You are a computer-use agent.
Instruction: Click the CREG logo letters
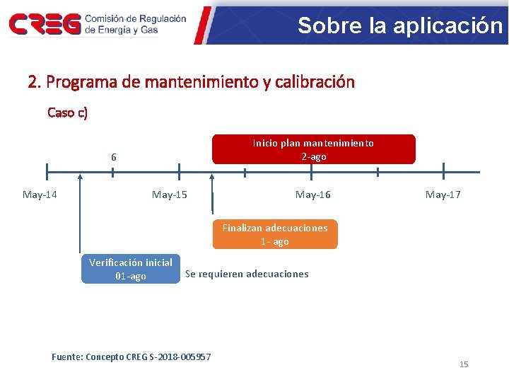click(44, 25)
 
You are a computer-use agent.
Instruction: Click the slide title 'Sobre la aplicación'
click(399, 25)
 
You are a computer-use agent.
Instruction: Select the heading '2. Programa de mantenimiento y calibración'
click(191, 82)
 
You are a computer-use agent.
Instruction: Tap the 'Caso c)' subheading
click(67, 112)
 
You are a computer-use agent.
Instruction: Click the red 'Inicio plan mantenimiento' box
click(313, 149)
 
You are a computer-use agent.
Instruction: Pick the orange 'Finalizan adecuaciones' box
click(275, 234)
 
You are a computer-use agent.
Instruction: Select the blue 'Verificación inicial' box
click(131, 269)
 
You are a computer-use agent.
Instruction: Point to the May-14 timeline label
click(40, 195)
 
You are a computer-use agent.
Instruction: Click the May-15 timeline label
click(170, 195)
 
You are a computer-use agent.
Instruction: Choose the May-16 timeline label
click(312, 195)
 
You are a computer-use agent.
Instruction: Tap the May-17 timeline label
click(443, 195)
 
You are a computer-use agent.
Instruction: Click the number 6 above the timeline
click(113, 157)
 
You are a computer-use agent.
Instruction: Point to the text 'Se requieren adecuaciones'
click(247, 274)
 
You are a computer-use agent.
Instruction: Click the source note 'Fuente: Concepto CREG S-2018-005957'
click(131, 357)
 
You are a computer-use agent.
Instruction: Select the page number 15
click(464, 364)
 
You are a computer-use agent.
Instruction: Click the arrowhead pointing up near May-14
click(81, 178)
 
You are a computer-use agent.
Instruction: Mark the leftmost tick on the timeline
click(47, 172)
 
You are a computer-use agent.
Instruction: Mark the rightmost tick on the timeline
click(443, 172)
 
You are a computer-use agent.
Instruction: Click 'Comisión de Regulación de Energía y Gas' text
click(135, 25)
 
